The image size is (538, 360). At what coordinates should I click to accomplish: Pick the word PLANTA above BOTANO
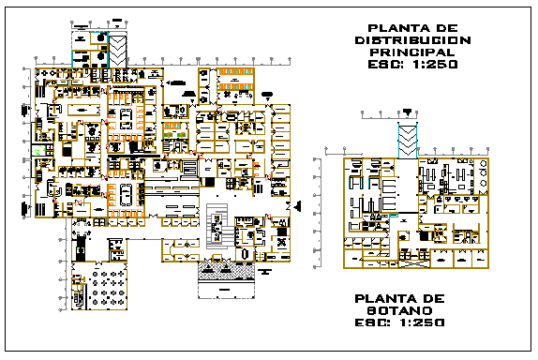click(x=385, y=297)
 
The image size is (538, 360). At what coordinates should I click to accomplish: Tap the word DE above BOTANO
click(x=434, y=297)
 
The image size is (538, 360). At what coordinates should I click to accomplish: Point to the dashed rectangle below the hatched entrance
click(x=227, y=286)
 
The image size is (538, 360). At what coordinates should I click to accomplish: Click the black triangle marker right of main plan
click(x=297, y=205)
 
